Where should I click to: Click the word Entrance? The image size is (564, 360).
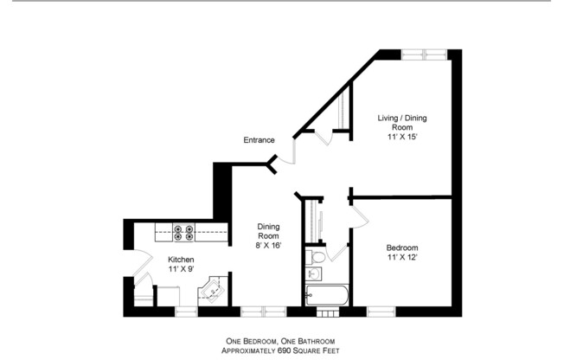pos(259,140)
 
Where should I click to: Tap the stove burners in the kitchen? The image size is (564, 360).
pos(183,231)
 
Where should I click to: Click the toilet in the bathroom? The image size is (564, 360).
pos(317,257)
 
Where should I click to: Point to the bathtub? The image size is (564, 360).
pos(327,295)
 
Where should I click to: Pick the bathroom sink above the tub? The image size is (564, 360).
pos(314,275)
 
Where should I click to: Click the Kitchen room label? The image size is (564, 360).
pos(181,260)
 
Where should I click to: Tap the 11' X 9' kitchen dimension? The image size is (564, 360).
pos(181,270)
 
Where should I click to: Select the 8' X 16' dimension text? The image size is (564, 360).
pos(268,247)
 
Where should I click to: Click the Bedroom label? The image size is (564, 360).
pos(402,247)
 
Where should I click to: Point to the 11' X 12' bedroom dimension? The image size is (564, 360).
pos(402,257)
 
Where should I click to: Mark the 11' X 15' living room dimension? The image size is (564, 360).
pos(402,137)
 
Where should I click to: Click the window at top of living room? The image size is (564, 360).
pos(424,55)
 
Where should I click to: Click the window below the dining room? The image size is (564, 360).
pos(263,309)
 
